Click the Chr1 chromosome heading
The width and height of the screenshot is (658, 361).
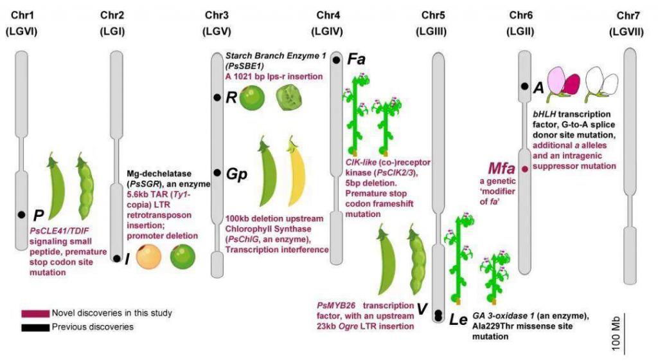[22, 15]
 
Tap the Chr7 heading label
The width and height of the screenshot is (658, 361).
[628, 16]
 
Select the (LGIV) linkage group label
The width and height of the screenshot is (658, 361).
[327, 32]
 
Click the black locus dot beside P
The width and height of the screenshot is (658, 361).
[21, 215]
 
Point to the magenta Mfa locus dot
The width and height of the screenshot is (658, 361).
[524, 169]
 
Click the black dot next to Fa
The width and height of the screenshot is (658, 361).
[337, 60]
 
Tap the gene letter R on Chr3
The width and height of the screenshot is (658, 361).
[231, 98]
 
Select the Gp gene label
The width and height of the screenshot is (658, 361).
[236, 174]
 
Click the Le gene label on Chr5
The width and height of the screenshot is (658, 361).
[458, 320]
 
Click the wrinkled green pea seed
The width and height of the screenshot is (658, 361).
[289, 98]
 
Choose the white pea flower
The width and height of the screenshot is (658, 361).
[601, 84]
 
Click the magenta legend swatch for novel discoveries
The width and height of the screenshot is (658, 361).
[35, 313]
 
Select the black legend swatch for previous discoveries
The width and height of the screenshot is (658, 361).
[35, 328]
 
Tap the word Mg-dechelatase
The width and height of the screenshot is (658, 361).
[159, 174]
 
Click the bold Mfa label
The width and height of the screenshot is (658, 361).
[501, 169]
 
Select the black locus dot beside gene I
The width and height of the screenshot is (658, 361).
[117, 259]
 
